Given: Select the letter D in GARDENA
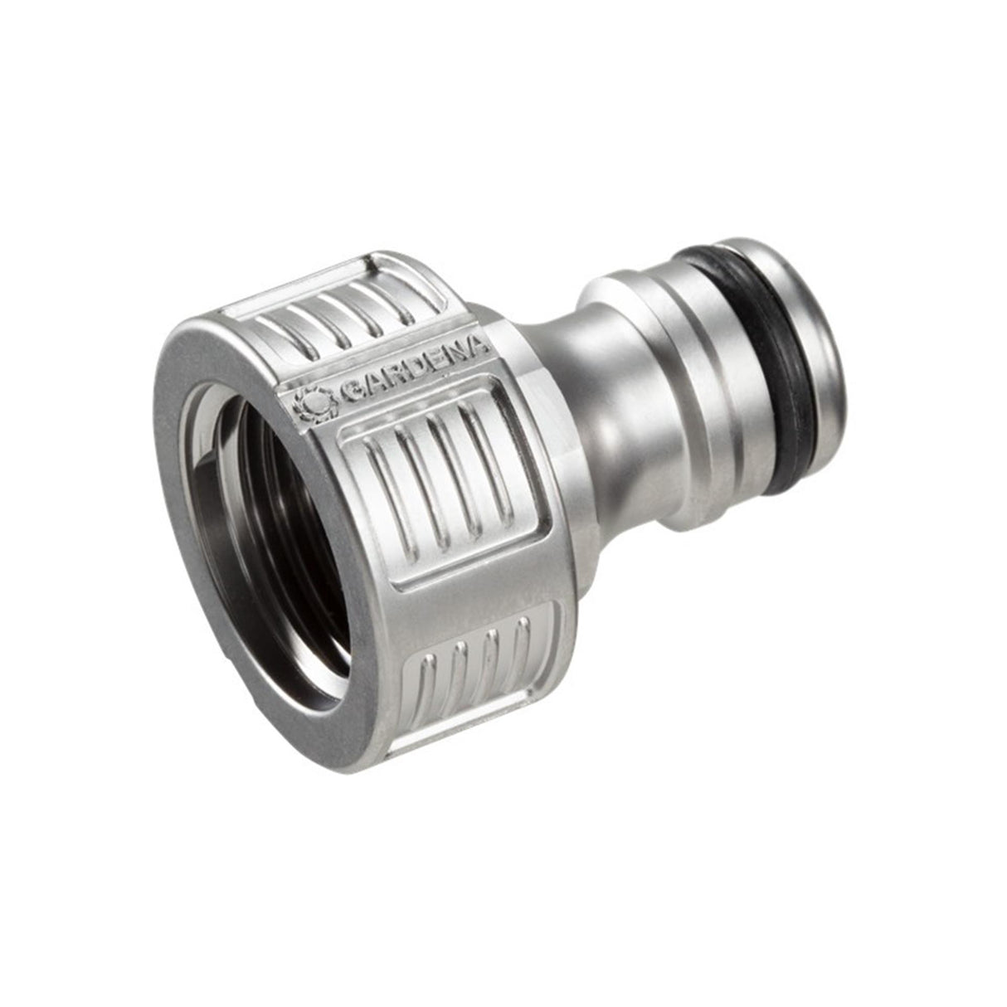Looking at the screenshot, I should point(408,370).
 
